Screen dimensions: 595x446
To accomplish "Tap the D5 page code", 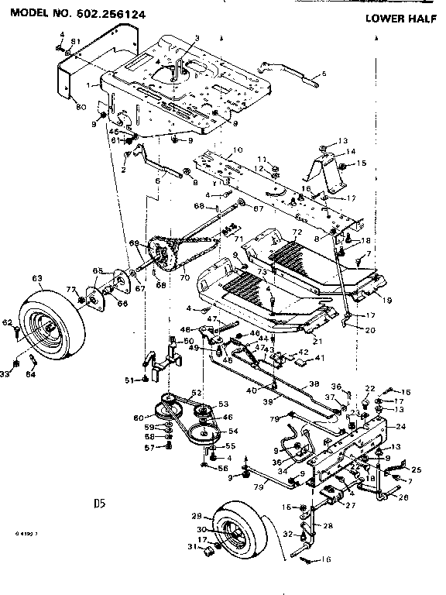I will click(x=98, y=503).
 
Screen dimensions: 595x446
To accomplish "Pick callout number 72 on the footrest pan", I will click(x=296, y=233).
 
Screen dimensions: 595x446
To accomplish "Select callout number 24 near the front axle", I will click(x=400, y=427).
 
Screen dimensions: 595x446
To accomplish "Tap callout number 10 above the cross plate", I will click(x=237, y=149).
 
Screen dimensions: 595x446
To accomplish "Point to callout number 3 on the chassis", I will click(x=197, y=38).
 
